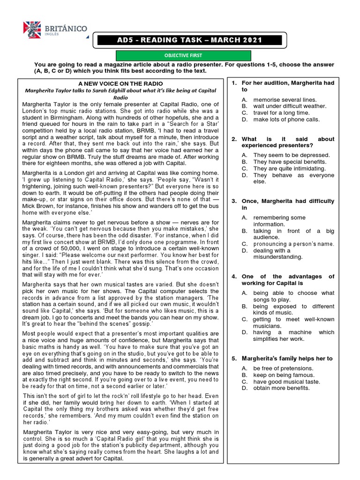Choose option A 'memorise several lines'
coord(285,99)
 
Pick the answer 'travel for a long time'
coord(281,112)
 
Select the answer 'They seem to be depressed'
coord(291,155)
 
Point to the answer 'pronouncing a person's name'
coord(293,244)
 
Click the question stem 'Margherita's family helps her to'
coord(287,359)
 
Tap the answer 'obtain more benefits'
coord(281,388)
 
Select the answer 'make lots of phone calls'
coord(286,119)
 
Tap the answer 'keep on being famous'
coord(284,375)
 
